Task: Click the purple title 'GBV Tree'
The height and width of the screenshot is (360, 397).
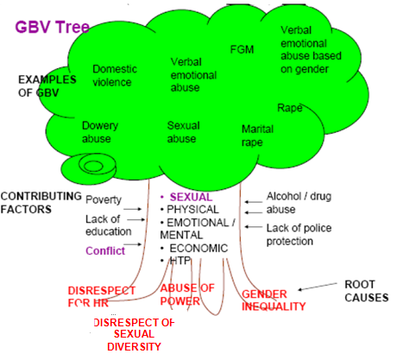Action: (x=52, y=27)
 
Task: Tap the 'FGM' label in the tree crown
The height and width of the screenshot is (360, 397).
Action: (x=242, y=49)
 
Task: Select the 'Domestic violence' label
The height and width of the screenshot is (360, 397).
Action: (x=115, y=75)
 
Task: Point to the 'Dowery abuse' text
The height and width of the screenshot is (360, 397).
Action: (x=100, y=132)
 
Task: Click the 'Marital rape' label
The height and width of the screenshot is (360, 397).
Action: (x=257, y=136)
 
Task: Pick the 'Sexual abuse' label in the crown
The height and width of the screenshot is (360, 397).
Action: (x=184, y=132)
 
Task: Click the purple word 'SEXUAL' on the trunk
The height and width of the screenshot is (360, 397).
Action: (x=191, y=197)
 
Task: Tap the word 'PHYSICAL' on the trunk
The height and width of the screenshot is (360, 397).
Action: (x=192, y=209)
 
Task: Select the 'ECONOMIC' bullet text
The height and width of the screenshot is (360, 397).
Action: (x=198, y=248)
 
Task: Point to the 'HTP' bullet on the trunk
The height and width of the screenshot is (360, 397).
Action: (x=180, y=261)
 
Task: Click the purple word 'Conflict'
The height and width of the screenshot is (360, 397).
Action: (x=105, y=251)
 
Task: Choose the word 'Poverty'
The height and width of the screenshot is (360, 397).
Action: (x=104, y=199)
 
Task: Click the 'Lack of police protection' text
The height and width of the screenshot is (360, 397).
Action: (x=299, y=235)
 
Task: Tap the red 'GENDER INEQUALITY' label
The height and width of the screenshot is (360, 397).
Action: (x=274, y=300)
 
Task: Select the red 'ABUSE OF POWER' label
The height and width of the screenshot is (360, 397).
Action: (x=187, y=294)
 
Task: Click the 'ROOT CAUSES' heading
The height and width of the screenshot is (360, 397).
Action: (x=367, y=291)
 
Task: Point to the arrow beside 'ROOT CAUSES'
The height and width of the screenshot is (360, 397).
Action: (x=318, y=287)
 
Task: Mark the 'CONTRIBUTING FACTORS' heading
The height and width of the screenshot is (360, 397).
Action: (x=41, y=203)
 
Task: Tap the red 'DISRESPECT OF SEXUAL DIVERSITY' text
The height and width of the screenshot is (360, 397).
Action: (x=134, y=334)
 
